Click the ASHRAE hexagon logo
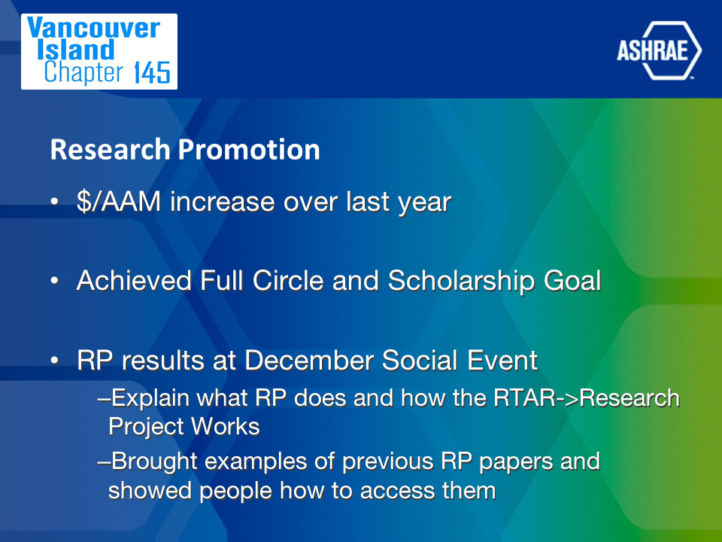click(x=659, y=50)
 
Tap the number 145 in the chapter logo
click(x=152, y=73)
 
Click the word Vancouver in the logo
click(x=93, y=28)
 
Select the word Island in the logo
click(x=75, y=50)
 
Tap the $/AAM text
click(x=119, y=202)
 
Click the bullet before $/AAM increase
click(x=55, y=202)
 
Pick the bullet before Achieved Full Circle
click(x=55, y=280)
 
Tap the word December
click(x=309, y=360)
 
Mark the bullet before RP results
click(x=55, y=360)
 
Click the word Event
click(x=502, y=360)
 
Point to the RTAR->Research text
click(x=587, y=398)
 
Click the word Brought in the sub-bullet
click(x=154, y=461)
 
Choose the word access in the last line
click(x=398, y=491)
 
